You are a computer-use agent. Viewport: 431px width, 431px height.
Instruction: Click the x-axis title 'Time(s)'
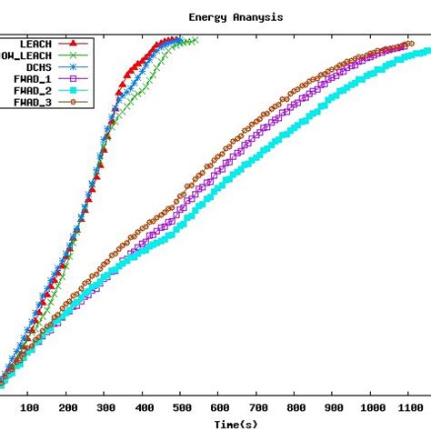pyautogui.click(x=235, y=424)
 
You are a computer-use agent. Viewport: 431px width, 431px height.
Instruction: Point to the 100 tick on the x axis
pyautogui.click(x=29, y=407)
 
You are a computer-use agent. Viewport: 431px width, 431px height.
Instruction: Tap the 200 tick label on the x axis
pyautogui.click(x=67, y=407)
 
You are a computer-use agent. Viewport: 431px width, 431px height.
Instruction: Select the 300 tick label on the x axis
pyautogui.click(x=105, y=407)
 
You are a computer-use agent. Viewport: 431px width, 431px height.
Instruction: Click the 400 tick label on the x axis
pyautogui.click(x=144, y=407)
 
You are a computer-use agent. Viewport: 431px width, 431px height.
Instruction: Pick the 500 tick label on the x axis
pyautogui.click(x=182, y=407)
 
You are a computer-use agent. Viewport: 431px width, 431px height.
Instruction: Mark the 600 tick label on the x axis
pyautogui.click(x=220, y=407)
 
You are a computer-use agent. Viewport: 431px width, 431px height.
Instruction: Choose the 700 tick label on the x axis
pyautogui.click(x=258, y=407)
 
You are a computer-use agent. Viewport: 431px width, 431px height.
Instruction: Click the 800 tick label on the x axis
pyautogui.click(x=296, y=407)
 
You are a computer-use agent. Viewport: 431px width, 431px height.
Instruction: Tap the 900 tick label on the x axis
pyautogui.click(x=335, y=407)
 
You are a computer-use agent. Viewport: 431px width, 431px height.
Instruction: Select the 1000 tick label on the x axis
pyautogui.click(x=373, y=407)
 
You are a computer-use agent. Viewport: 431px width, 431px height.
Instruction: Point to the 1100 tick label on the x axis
pyautogui.click(x=411, y=407)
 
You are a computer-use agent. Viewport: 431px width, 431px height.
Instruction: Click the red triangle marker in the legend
pyautogui.click(x=73, y=43)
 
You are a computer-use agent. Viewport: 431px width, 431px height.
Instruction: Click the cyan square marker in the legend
pyautogui.click(x=73, y=91)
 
